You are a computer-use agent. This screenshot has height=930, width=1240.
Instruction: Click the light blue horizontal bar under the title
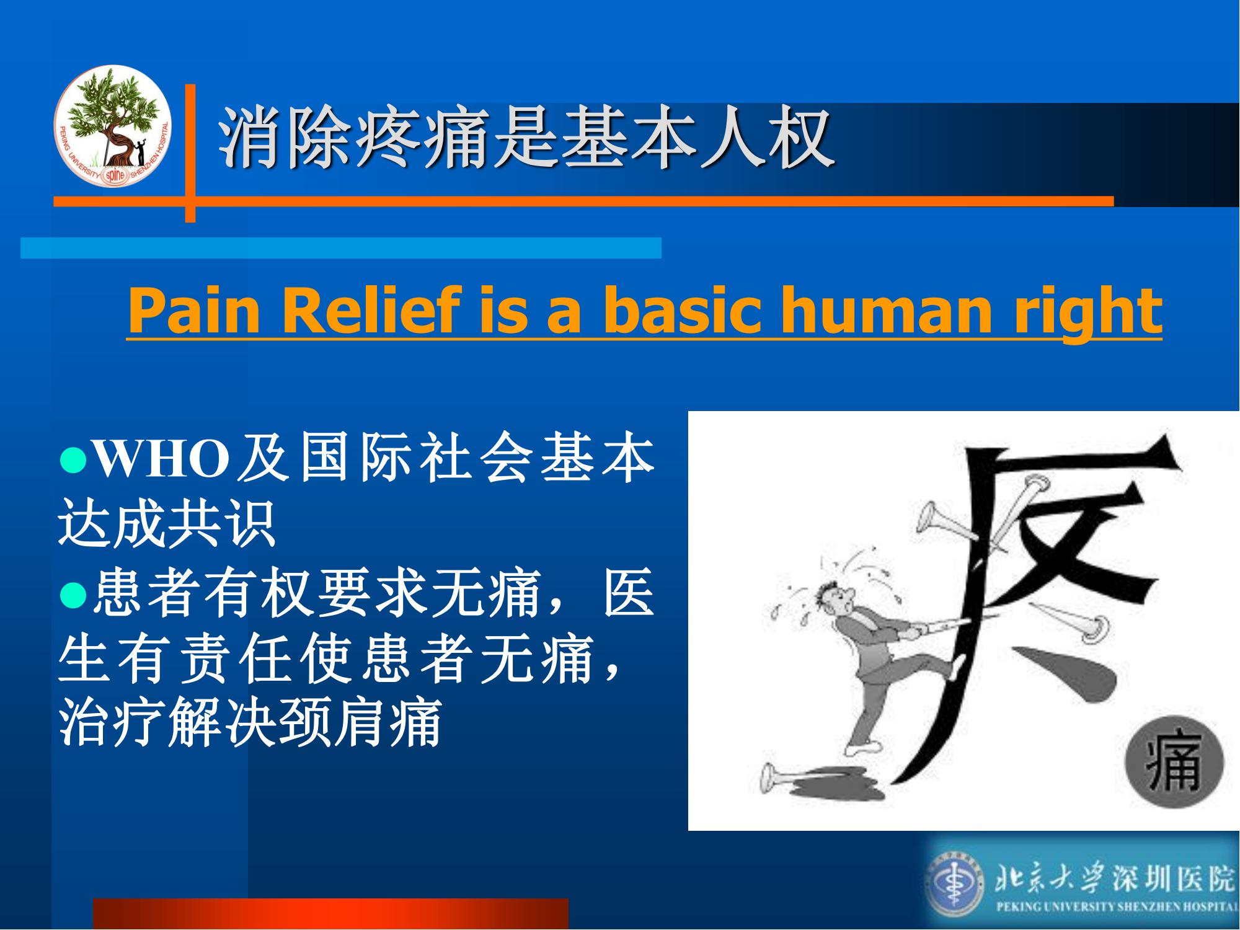(341, 247)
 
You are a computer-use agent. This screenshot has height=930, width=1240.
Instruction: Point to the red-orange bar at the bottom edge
(330, 913)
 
